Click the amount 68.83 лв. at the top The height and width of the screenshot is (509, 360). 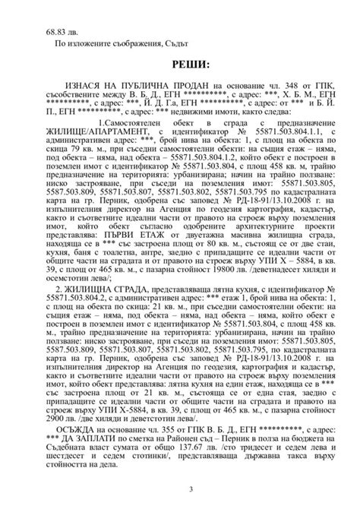pyautogui.click(x=62, y=33)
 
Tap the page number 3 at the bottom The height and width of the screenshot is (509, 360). pyautogui.click(x=179, y=488)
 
